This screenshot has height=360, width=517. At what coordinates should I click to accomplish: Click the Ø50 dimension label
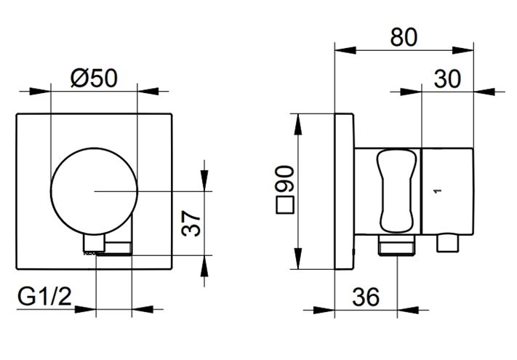(94, 78)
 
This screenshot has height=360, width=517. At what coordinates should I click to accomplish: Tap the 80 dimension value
(404, 37)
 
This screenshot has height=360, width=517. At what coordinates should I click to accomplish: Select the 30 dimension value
(447, 79)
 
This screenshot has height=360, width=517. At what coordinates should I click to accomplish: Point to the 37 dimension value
(191, 223)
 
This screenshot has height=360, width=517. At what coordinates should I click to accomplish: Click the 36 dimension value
(366, 297)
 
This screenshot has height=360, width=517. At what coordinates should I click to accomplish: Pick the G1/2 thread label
(44, 297)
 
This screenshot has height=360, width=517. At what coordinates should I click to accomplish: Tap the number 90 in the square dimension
(284, 180)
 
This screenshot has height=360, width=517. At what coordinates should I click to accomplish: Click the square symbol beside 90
(284, 205)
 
